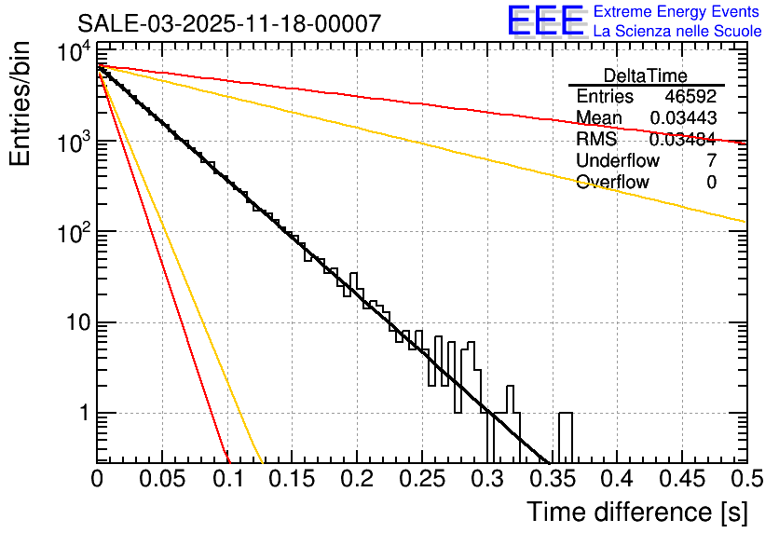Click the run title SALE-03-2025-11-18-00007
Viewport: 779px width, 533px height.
[x=228, y=23]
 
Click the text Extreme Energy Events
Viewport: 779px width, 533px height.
[x=676, y=12]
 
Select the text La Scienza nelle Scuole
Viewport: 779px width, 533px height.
[x=677, y=32]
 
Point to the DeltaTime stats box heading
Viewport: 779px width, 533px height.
[x=645, y=75]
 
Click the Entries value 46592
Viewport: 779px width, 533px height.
[x=690, y=97]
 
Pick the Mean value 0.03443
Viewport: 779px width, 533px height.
[x=683, y=118]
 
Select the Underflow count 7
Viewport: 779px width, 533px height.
[x=711, y=161]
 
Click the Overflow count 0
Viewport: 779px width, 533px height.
[x=711, y=183]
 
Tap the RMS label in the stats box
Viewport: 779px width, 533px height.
[x=596, y=140]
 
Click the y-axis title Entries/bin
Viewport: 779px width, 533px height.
[x=20, y=104]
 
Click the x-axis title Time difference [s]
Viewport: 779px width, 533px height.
[x=635, y=512]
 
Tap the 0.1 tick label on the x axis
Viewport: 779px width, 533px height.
[x=227, y=479]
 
